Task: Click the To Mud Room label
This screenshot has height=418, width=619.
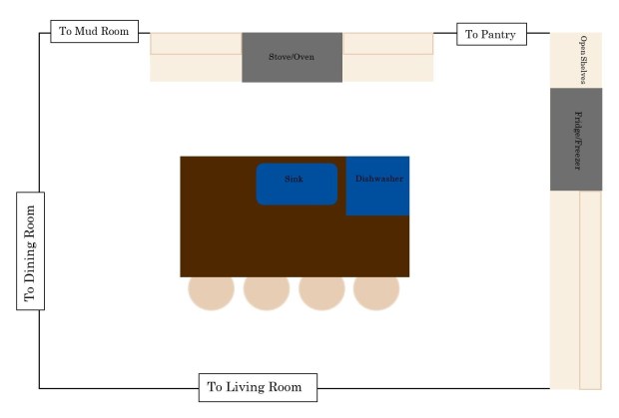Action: pos(95,32)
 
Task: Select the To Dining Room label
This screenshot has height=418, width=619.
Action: pos(30,251)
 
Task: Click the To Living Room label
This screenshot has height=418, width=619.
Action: pos(257,386)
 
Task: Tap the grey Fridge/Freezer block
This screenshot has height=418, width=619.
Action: pos(576,139)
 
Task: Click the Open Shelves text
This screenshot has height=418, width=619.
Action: pos(585,60)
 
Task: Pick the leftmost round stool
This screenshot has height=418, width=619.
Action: pos(212,289)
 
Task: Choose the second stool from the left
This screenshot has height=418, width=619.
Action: pos(267,289)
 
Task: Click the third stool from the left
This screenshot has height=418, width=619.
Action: pos(321,289)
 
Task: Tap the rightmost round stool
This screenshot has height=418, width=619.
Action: pos(376,289)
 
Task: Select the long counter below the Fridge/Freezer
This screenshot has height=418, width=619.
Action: pos(576,289)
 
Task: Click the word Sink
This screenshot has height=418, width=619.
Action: pos(294,179)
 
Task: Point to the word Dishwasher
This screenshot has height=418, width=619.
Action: pos(379,180)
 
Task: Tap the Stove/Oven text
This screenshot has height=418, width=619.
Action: pos(292,57)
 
